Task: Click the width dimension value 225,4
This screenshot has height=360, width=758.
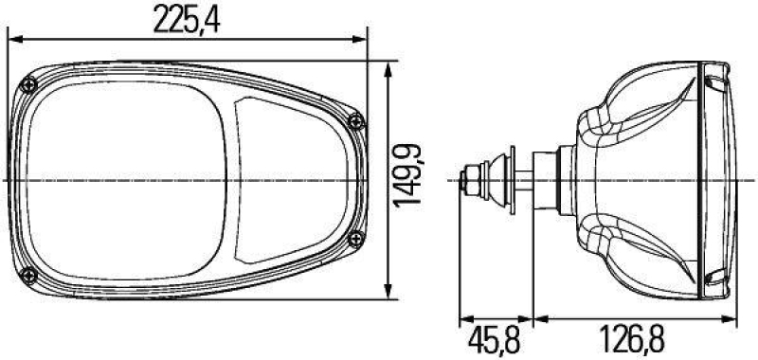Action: point(186,20)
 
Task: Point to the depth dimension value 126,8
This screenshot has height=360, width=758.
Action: point(632,338)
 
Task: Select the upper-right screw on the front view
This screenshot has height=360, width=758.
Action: point(355,120)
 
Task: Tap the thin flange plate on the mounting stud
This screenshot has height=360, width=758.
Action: point(511,179)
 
